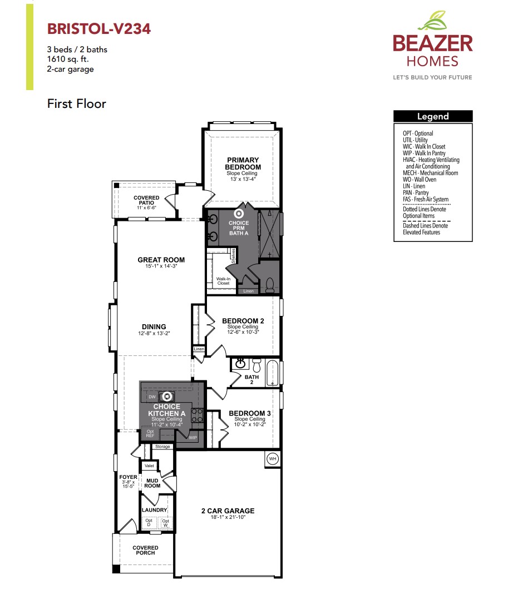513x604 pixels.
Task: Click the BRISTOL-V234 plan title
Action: pyautogui.click(x=99, y=29)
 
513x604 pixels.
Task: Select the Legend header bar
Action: pyautogui.click(x=433, y=116)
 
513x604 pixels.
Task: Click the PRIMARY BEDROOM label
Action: pyautogui.click(x=243, y=164)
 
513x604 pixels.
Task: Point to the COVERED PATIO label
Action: pyautogui.click(x=146, y=200)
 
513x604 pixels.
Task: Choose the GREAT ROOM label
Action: pyautogui.click(x=161, y=260)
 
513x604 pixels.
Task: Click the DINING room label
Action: pyautogui.click(x=154, y=327)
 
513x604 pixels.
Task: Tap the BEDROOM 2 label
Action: pyautogui.click(x=243, y=321)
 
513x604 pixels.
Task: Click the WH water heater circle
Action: pyautogui.click(x=273, y=459)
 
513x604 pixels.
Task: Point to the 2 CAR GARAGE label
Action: pyautogui.click(x=228, y=511)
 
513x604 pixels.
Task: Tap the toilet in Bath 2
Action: pyautogui.click(x=256, y=365)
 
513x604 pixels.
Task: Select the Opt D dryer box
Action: pyautogui.click(x=149, y=523)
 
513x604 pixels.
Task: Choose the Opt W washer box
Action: pyautogui.click(x=166, y=523)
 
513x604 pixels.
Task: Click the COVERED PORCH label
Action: pyautogui.click(x=145, y=550)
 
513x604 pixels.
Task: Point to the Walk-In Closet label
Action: pyautogui.click(x=223, y=281)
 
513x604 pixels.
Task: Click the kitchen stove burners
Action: pyautogui.click(x=197, y=414)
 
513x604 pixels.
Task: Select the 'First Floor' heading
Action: pyautogui.click(x=76, y=103)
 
